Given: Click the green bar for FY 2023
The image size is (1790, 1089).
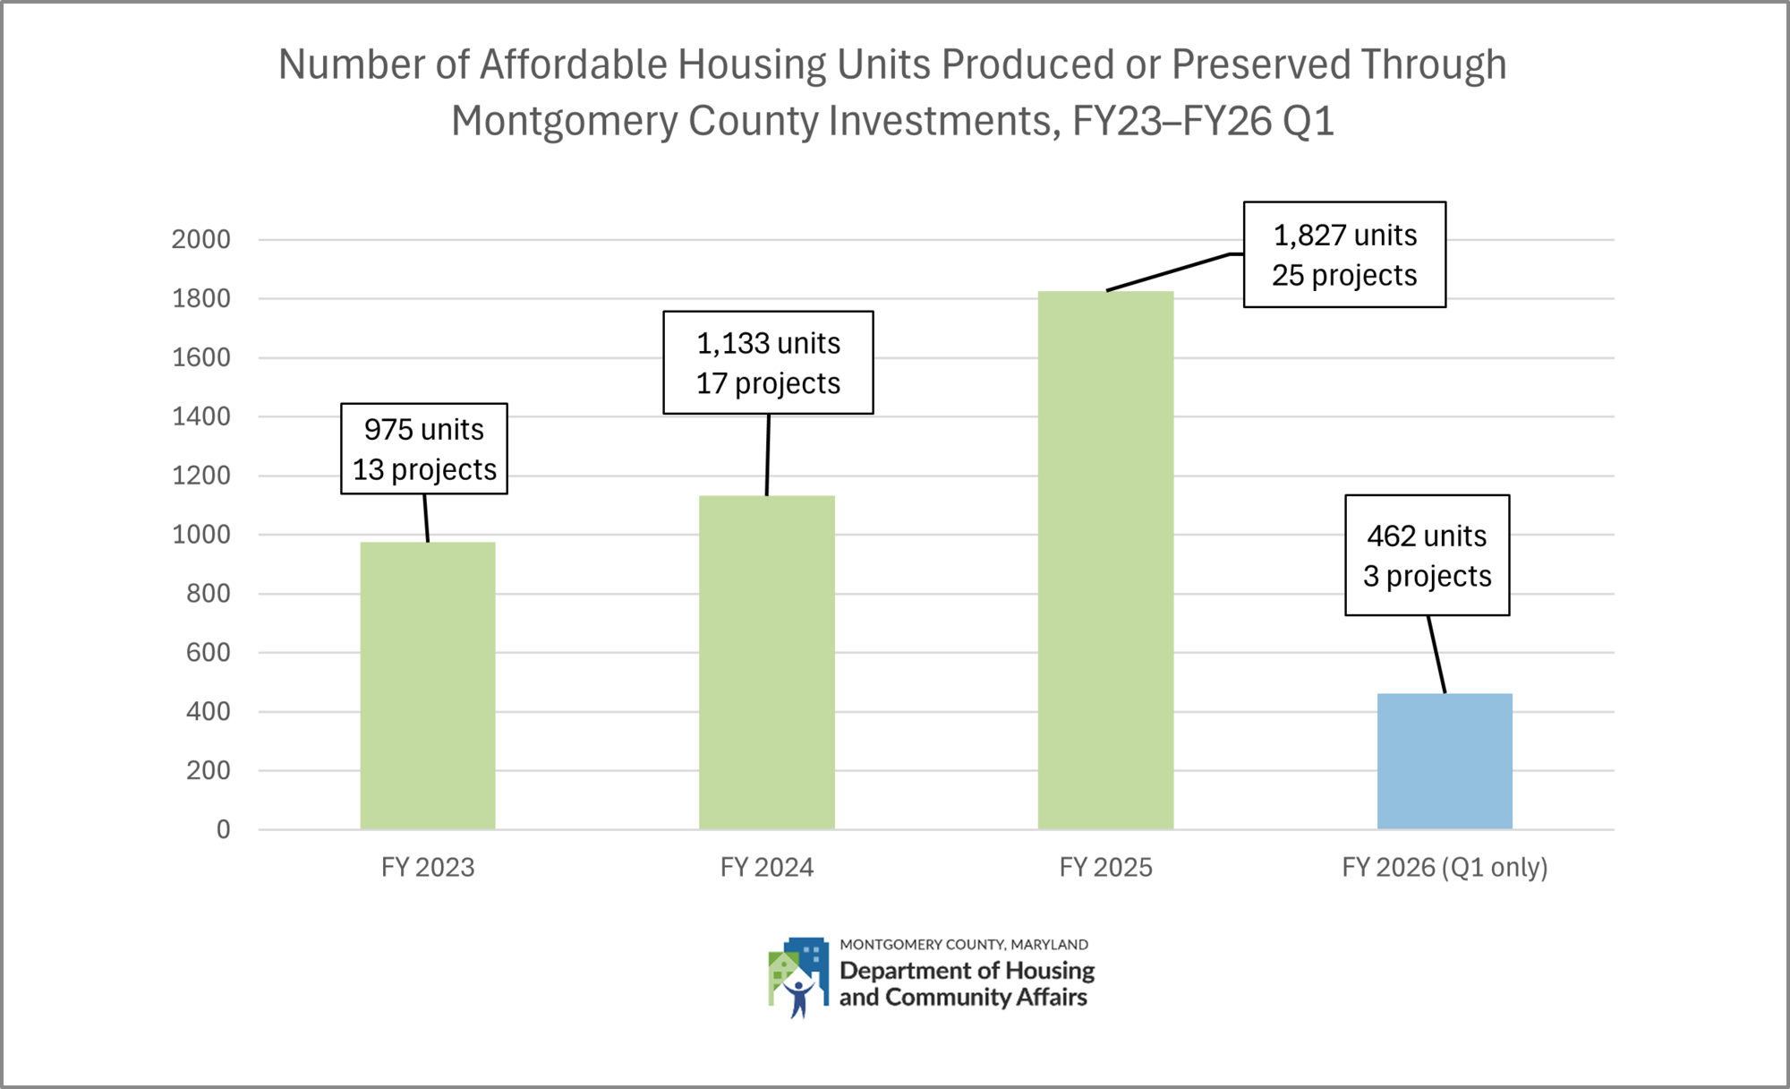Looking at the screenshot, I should [428, 685].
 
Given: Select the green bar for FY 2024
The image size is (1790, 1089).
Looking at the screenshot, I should [767, 663].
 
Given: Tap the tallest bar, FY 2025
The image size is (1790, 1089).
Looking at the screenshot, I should [1105, 560].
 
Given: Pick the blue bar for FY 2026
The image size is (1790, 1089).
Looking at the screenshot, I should [1445, 761].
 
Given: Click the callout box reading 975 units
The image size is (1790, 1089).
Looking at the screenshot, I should [424, 449].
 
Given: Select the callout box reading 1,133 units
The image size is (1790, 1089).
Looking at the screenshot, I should [768, 363].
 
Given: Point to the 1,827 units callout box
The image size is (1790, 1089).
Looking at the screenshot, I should [1344, 254].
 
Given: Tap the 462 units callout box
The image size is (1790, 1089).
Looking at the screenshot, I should [1427, 555].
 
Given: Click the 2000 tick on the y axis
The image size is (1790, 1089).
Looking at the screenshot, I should [201, 239].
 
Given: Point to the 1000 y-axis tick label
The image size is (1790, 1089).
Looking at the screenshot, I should [201, 535].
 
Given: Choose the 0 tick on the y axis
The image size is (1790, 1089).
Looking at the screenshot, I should [223, 829].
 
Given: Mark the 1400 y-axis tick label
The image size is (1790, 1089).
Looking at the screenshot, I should [201, 416].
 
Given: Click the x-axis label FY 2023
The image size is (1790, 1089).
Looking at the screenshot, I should [428, 867].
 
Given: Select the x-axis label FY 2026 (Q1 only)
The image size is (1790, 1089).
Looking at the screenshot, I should [1445, 867].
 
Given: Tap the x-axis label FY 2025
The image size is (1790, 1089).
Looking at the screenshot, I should [1105, 867].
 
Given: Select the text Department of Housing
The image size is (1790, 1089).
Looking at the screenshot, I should [967, 971].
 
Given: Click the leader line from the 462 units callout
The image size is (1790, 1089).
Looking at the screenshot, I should [1436, 654].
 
